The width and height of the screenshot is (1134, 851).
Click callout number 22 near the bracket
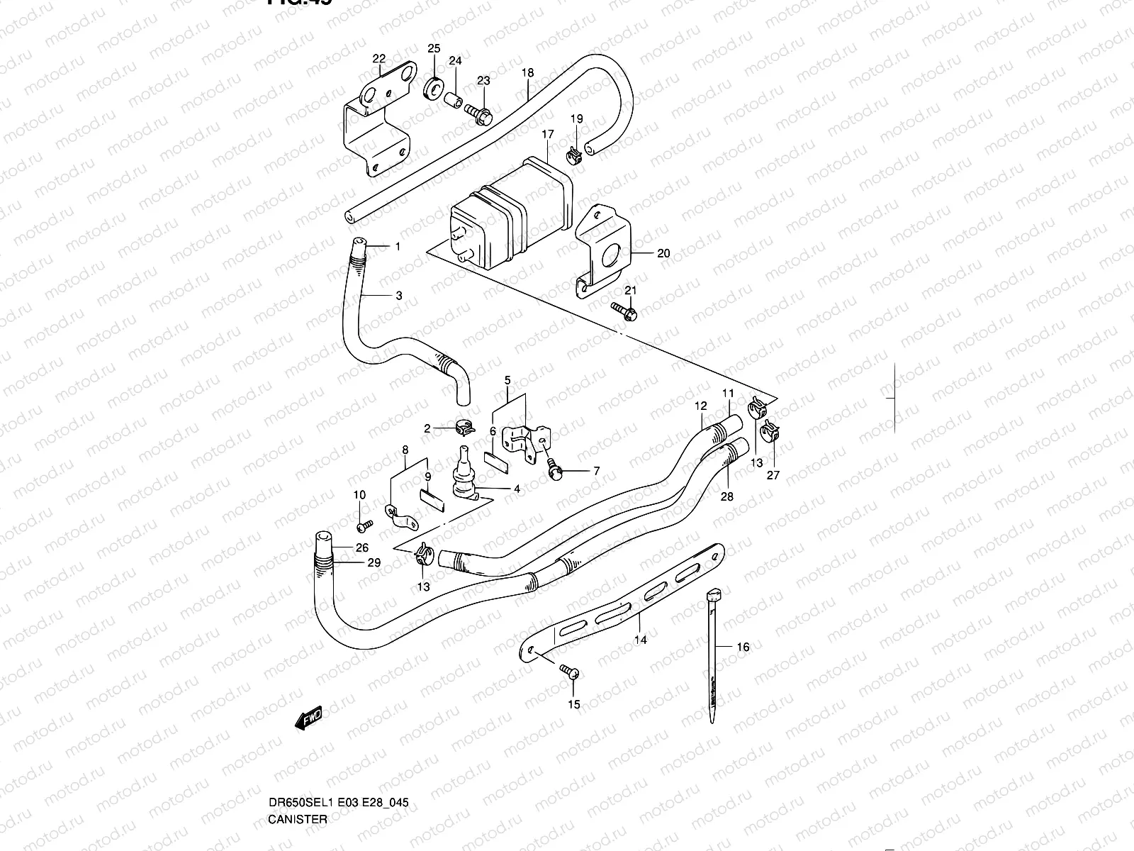pos(379,59)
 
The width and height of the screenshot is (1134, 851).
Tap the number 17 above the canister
pos(548,134)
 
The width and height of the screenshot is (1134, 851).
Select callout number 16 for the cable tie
pos(743,647)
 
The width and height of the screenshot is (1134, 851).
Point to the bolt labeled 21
pos(624,309)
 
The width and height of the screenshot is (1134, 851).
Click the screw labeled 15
pos(568,670)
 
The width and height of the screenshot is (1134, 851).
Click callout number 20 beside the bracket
pos(663,253)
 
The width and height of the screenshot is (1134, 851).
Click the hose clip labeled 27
pos(768,431)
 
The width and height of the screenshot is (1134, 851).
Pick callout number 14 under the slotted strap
pos(641,640)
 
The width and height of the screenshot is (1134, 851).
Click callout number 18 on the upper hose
pos(527,73)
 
